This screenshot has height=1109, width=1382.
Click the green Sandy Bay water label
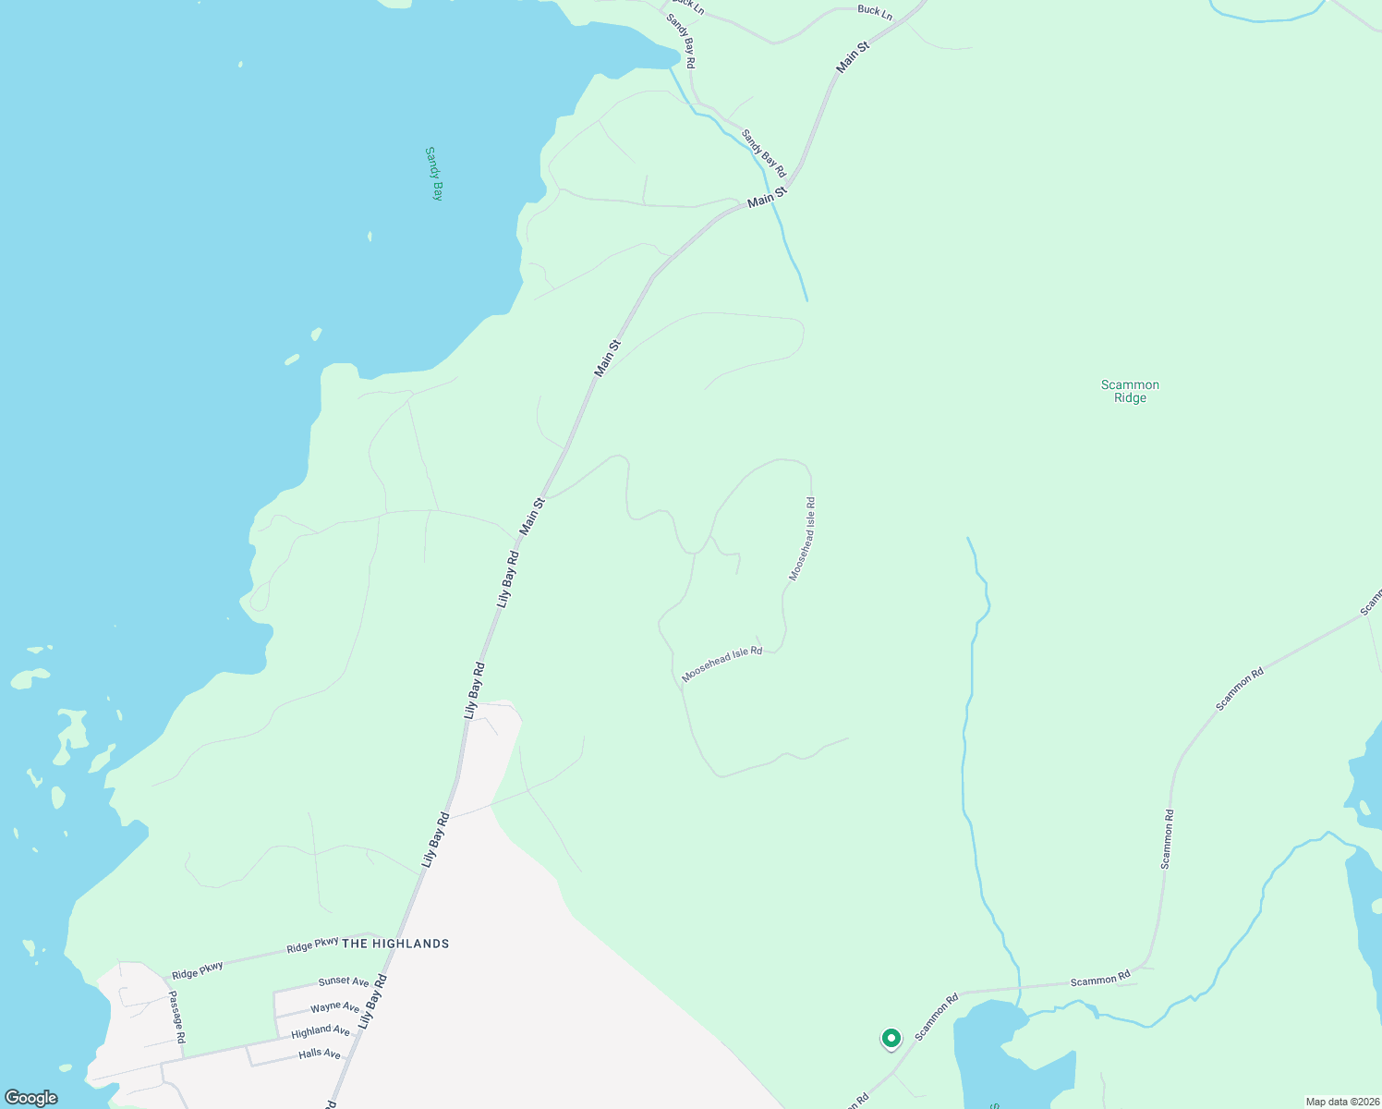click(434, 173)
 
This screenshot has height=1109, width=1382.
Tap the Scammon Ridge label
click(1130, 391)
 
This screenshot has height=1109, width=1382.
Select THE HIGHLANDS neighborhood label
click(395, 944)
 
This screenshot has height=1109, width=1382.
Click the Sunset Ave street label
click(344, 981)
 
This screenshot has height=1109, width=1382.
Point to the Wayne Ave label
click(334, 1006)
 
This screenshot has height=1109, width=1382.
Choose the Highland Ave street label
click(321, 1031)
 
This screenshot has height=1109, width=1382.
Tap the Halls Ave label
click(320, 1054)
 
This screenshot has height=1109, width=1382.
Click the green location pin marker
click(891, 1039)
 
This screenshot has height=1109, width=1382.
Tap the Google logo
click(30, 1098)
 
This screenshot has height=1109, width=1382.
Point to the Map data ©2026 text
click(1341, 1102)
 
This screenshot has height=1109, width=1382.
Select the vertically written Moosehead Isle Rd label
click(802, 539)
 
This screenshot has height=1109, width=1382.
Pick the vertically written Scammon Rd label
click(1168, 839)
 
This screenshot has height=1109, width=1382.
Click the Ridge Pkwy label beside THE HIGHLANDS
click(312, 944)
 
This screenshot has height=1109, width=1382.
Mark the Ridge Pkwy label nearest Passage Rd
click(198, 969)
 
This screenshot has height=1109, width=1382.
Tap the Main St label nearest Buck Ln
click(853, 56)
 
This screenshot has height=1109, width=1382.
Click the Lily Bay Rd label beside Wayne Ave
click(372, 1002)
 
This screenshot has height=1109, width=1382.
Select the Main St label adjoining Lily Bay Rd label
click(533, 516)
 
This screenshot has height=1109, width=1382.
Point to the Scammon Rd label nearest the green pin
click(937, 1017)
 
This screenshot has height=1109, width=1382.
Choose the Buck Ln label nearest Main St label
click(875, 12)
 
